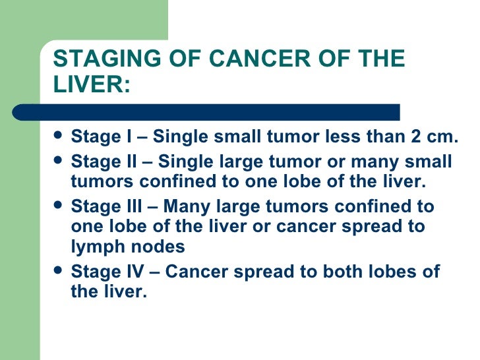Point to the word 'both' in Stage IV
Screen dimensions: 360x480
[x=355, y=272]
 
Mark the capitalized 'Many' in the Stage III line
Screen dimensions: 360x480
[x=185, y=206]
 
